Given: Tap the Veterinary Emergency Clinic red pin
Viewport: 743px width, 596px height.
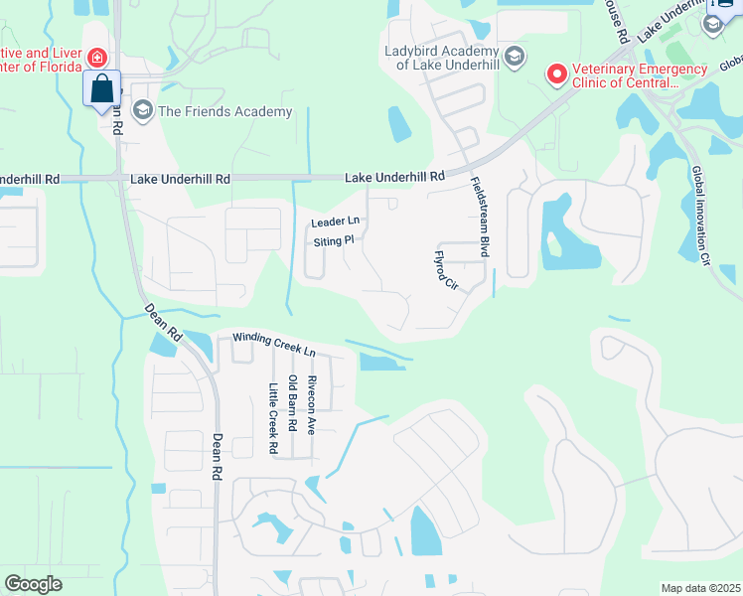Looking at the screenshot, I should (557, 74).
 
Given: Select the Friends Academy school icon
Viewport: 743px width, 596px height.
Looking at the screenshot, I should (141, 109).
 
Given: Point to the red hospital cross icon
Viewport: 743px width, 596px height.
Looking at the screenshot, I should (96, 58).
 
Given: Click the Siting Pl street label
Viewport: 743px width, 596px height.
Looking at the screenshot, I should (334, 241).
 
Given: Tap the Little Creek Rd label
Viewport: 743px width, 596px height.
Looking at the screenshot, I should (272, 419).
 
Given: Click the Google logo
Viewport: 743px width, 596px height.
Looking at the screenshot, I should (33, 583).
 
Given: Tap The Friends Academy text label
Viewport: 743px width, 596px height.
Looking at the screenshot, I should (224, 111).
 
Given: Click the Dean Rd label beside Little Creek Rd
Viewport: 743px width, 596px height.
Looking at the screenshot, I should (216, 457).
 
